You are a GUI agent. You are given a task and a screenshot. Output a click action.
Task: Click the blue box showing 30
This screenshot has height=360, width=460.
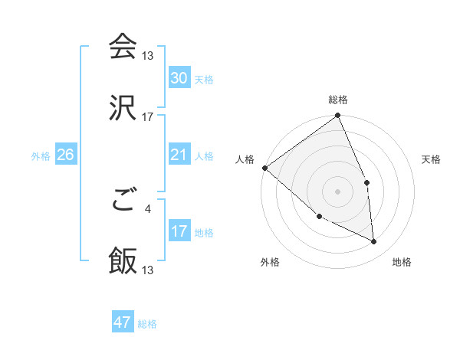[179, 78]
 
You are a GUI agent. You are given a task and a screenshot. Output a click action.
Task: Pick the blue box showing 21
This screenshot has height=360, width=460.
[179, 155]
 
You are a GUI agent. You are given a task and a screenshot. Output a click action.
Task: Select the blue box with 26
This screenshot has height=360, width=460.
[65, 155]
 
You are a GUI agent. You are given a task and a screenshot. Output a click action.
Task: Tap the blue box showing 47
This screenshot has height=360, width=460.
[123, 322]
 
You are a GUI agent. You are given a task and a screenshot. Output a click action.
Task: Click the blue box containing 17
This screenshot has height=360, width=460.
[179, 231]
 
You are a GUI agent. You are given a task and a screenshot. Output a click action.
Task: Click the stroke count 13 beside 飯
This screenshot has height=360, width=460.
[147, 270]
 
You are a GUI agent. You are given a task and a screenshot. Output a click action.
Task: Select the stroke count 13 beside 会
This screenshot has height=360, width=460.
[147, 56]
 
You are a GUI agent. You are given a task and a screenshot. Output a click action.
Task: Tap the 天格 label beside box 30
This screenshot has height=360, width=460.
[203, 79]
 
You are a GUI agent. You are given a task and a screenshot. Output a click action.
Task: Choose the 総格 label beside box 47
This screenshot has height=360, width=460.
[147, 324]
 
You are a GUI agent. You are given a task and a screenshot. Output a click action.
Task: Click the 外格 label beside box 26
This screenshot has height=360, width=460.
[41, 155]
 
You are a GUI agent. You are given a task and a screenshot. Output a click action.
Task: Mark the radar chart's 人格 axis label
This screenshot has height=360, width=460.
[245, 159]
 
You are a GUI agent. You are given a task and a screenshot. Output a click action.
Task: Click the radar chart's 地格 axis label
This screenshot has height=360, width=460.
[402, 262]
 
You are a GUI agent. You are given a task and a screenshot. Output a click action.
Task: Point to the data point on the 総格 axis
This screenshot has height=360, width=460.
[337, 116]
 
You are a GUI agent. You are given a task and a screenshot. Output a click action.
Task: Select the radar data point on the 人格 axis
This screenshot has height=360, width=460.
[264, 168]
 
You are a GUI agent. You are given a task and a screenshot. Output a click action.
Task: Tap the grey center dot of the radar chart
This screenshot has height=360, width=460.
[337, 191]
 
